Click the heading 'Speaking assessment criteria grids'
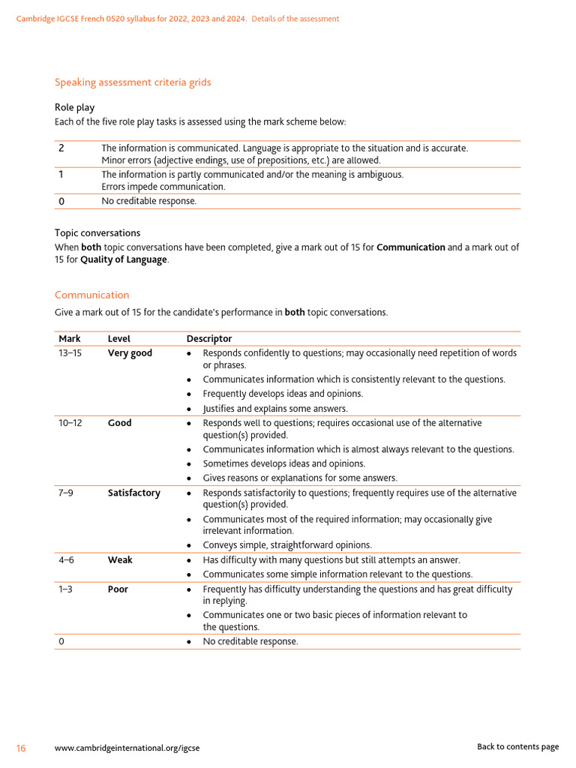pos(133,82)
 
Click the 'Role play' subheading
pos(75,107)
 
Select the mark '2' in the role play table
pos(61,148)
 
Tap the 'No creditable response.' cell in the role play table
pos(148,201)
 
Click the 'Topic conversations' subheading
pos(97,233)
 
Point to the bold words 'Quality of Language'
pos(124,259)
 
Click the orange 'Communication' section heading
pos(91,295)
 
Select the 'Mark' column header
pos(70,339)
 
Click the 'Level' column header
pos(118,339)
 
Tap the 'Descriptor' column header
pos(209,339)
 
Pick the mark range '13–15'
pos(72,353)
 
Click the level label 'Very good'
pos(130,353)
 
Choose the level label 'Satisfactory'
pos(133,493)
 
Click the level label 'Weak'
pos(120,560)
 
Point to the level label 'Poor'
pos(118,589)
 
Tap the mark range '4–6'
pos(67,560)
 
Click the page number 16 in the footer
pos(21,748)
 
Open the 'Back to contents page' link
pos(517,747)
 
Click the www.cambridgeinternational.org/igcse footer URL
pos(127,748)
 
